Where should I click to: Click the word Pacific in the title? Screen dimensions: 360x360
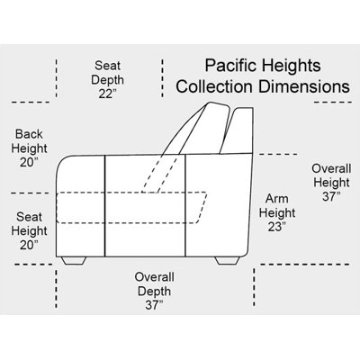point(230,66)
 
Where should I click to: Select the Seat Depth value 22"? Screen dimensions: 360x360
point(107,94)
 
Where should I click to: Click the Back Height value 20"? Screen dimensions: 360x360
point(29,162)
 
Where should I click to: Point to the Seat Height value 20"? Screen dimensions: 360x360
point(29,245)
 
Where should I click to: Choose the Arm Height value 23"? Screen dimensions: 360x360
point(276,227)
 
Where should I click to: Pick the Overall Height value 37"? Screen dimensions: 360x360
point(331,197)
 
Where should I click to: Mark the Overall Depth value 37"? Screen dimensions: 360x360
point(154,305)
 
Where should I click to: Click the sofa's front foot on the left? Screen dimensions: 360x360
point(74,261)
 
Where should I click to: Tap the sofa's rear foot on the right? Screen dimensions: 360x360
point(228,261)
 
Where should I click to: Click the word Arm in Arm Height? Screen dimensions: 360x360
point(277,198)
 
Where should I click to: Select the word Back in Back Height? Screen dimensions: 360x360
point(29,134)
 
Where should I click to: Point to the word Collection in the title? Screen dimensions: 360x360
point(214,86)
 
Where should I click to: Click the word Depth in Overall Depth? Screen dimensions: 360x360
point(154,292)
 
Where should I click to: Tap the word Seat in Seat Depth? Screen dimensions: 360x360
point(107,66)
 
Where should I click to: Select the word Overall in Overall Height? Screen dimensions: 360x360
point(331,168)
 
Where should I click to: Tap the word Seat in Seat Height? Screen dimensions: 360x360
point(29,217)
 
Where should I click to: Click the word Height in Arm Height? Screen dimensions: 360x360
point(277,212)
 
